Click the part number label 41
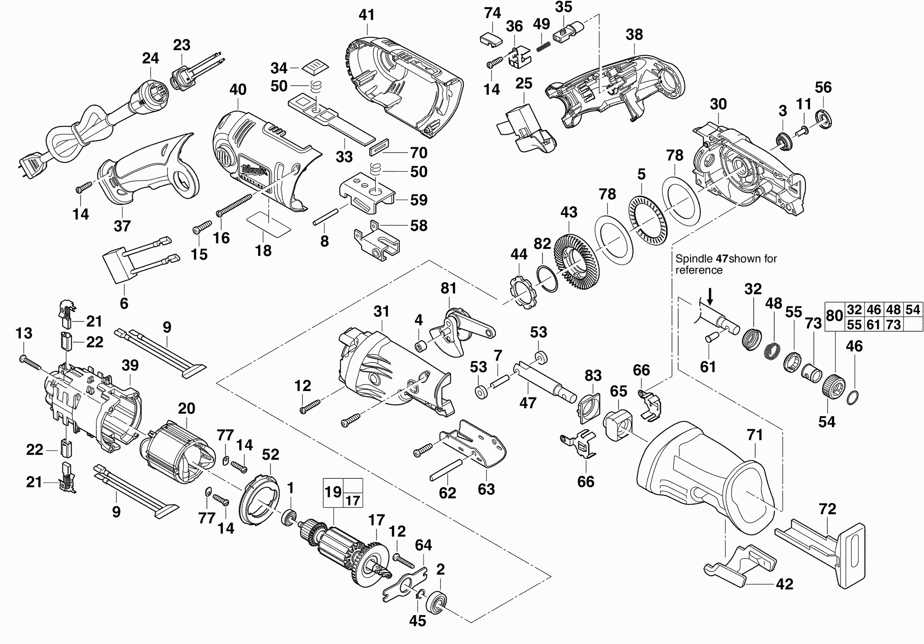(366, 15)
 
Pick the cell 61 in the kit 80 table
(873, 324)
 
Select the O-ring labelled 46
(852, 397)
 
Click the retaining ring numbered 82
(548, 278)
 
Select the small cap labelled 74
(491, 39)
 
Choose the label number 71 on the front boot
(755, 435)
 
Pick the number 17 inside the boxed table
(353, 500)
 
